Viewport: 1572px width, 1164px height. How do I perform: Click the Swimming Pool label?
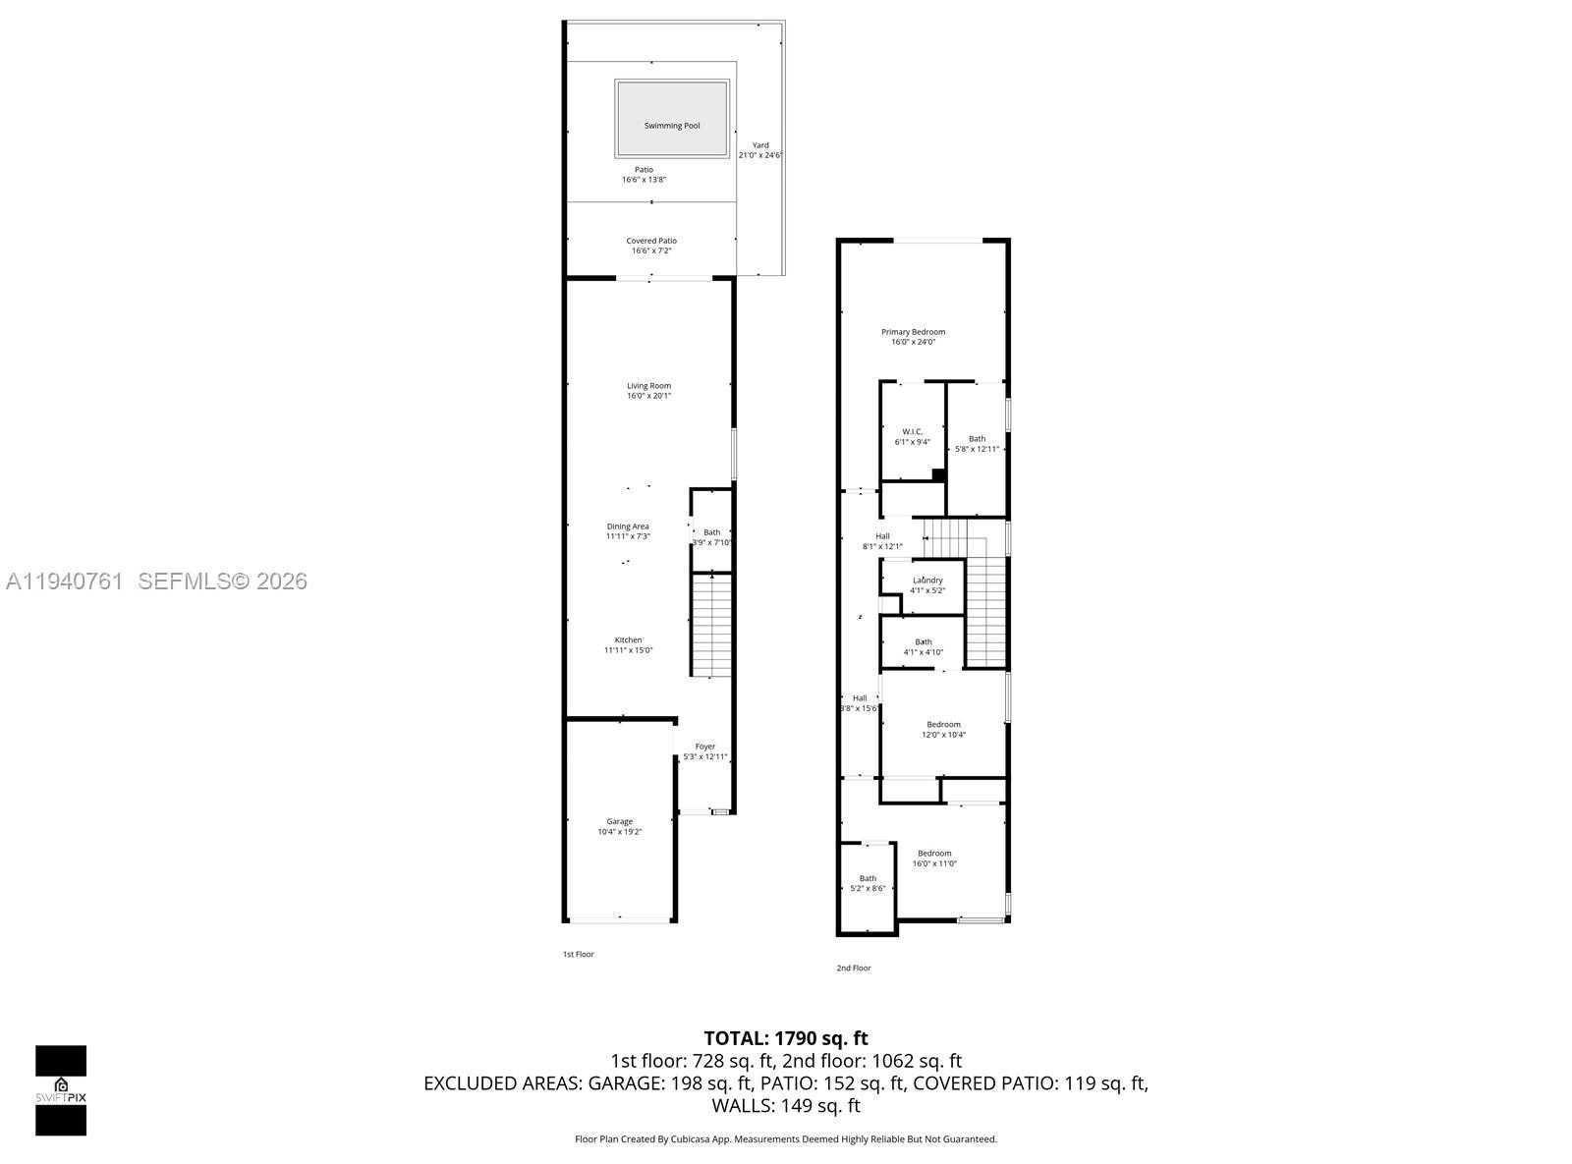tap(672, 126)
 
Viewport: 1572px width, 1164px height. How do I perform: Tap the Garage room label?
tap(619, 822)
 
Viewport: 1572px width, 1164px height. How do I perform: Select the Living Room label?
tap(648, 386)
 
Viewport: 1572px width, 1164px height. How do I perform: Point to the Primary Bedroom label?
tap(913, 332)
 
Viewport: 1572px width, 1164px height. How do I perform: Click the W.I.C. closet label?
tap(912, 432)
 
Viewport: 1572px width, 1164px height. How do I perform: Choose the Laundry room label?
tap(926, 581)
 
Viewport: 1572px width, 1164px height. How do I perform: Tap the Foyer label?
tap(705, 747)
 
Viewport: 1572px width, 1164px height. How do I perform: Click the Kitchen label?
tap(628, 640)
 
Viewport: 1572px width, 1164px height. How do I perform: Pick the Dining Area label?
tap(627, 527)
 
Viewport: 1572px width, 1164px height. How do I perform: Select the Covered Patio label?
tap(651, 241)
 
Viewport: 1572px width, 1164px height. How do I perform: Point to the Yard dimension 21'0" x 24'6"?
tap(760, 155)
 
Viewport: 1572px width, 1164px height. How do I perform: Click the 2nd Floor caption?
tap(853, 968)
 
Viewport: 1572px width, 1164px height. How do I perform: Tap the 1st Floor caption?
tap(578, 954)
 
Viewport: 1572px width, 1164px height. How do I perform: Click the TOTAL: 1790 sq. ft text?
tap(785, 1038)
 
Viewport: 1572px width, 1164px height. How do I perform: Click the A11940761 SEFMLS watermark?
tap(157, 582)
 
